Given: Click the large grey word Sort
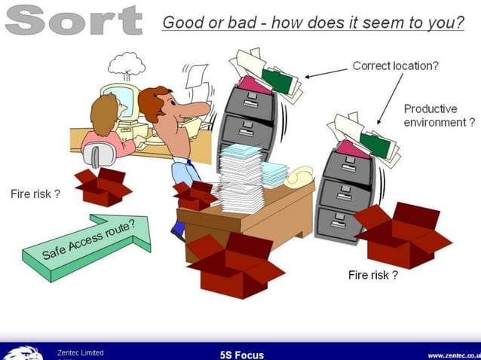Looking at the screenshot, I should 73,20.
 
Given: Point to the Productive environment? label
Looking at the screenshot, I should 440,115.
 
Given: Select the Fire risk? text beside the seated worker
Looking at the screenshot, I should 35,194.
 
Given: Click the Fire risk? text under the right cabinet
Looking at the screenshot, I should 372,275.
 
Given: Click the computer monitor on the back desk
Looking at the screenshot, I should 121,101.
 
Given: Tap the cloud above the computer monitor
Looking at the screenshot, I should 126,63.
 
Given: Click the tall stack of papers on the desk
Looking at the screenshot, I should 241,178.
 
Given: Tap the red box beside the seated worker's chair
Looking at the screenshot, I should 102,185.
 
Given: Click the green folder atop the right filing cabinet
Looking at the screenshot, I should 375,144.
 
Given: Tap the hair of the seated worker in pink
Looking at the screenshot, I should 103,113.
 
